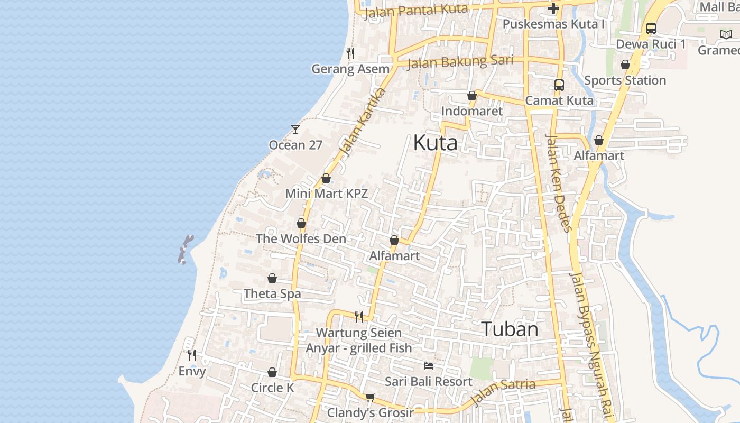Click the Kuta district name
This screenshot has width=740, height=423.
[435, 143]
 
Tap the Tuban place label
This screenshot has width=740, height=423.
[510, 329]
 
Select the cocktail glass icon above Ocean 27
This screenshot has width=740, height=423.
[295, 129]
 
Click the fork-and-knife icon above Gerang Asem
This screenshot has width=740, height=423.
[350, 53]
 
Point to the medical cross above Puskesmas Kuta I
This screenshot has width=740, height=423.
[553, 8]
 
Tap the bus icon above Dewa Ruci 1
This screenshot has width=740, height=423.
[651, 29]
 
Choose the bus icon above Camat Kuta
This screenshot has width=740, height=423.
[559, 85]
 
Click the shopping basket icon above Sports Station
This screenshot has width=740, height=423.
[625, 65]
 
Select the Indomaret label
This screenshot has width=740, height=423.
[472, 112]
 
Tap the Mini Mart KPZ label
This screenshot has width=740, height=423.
[326, 194]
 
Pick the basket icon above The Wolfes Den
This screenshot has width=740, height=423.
[301, 223]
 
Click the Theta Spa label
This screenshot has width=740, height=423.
[272, 293]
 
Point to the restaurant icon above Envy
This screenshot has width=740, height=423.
[192, 355]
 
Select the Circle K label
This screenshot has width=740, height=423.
[272, 388]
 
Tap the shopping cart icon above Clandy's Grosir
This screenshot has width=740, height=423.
[370, 397]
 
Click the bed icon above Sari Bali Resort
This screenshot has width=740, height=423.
[429, 366]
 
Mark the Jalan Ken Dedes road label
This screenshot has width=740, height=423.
[559, 183]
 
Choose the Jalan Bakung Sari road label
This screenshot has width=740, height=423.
[460, 61]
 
